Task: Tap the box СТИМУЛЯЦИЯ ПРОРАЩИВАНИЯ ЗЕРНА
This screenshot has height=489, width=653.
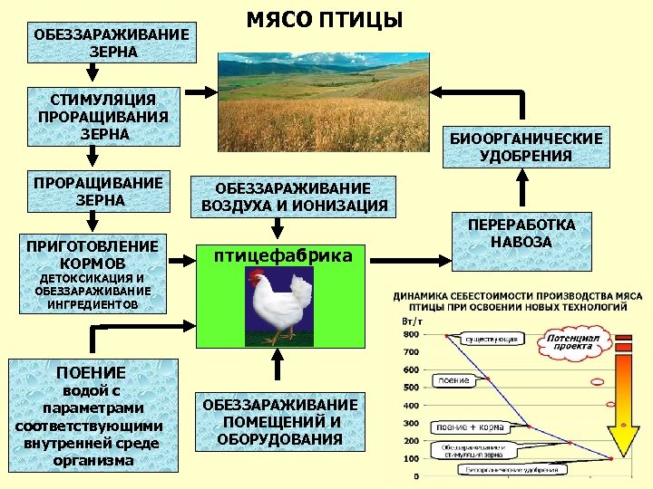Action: click(103, 117)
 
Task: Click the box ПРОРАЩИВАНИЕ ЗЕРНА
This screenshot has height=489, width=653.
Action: click(103, 191)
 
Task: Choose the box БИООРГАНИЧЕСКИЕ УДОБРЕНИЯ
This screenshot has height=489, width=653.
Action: click(526, 148)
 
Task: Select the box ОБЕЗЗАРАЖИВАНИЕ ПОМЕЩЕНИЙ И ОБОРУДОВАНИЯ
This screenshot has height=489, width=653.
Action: click(280, 422)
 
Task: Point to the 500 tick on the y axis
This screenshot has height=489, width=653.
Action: click(409, 387)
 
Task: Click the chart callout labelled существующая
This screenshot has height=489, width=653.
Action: click(492, 339)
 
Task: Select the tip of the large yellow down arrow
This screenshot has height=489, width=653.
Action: click(621, 457)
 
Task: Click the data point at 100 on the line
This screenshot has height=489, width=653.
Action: click(609, 460)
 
